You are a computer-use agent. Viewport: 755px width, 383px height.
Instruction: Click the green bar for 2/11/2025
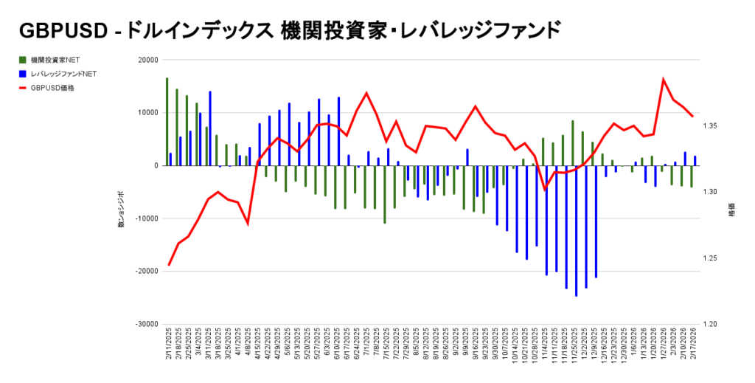tap(167, 122)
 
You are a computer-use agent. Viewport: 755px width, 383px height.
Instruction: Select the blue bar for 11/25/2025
tap(576, 230)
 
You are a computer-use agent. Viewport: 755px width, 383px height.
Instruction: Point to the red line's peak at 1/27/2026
tap(663, 79)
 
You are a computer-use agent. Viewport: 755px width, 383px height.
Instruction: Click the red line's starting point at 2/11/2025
tap(169, 265)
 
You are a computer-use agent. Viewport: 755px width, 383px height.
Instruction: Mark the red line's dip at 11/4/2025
tap(544, 190)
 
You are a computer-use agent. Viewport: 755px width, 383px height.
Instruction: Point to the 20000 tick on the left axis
tap(148, 60)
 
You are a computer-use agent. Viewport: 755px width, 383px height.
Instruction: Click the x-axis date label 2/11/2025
tap(169, 351)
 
